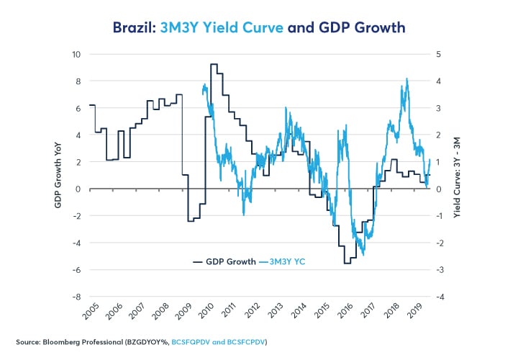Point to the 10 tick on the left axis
coord(74,54)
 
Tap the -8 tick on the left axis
coord(74,296)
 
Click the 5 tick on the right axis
coord(440,54)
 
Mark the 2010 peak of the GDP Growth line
coord(214,64)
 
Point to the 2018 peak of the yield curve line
coord(407,79)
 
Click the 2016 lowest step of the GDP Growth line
coord(347,263)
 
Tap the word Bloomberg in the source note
coord(67,341)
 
